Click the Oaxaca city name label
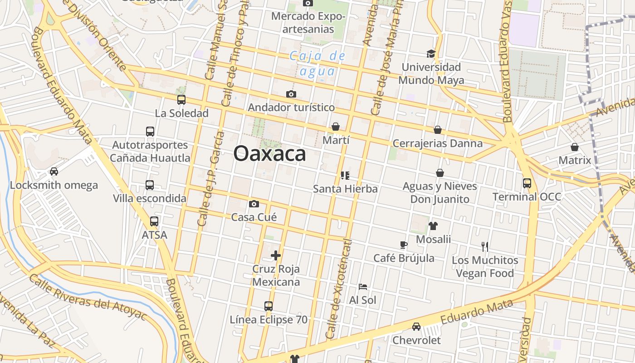[x=269, y=153]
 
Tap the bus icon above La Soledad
[x=181, y=100]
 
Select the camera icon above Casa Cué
[x=254, y=204]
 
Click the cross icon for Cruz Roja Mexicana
[x=276, y=255]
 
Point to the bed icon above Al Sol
[x=363, y=287]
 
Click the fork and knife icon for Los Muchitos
[x=485, y=247]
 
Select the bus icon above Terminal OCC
[x=527, y=183]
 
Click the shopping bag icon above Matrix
[x=575, y=147]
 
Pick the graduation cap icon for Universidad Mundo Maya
[x=431, y=54]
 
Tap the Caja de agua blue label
[x=317, y=64]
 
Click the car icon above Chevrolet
[x=416, y=327]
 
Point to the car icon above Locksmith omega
[x=54, y=172]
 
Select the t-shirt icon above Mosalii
[x=433, y=226]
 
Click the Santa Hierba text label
[x=345, y=189]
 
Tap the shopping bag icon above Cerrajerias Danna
[x=438, y=130]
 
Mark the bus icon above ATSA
[x=154, y=221]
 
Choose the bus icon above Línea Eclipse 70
[x=269, y=306]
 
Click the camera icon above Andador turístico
[x=291, y=94]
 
